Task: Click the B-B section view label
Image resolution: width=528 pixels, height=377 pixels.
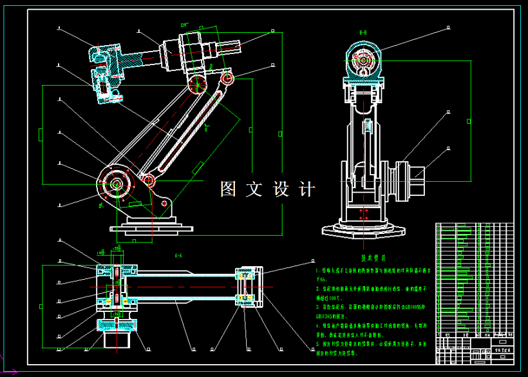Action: (363, 32)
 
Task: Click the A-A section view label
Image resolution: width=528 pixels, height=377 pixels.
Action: (178, 255)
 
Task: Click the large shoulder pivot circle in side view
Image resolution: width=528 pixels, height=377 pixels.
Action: (117, 184)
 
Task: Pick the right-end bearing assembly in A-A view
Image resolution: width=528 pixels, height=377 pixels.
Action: (247, 285)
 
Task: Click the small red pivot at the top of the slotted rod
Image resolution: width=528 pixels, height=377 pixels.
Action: (227, 78)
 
